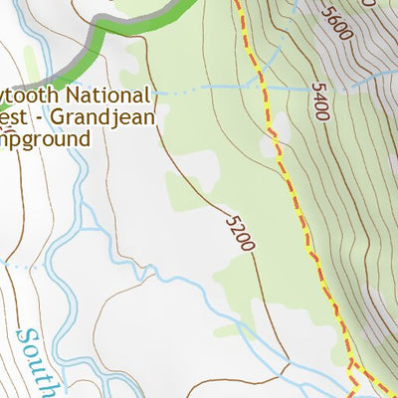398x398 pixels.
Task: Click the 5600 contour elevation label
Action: coord(337,21)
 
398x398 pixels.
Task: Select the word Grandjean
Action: coord(104,116)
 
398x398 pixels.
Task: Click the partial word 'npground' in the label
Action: coord(44,137)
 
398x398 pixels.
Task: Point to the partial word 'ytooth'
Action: coord(32,97)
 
